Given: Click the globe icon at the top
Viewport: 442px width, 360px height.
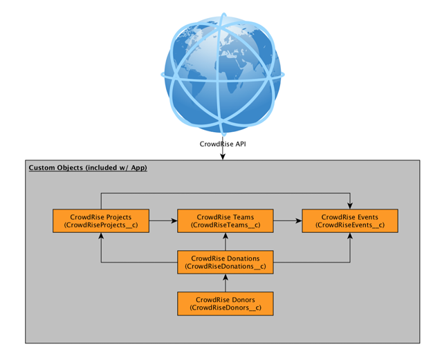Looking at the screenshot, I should tap(222, 70).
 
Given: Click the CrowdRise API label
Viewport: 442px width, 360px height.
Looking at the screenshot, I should tap(222, 144).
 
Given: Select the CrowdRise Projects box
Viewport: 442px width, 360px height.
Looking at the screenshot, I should tap(101, 221).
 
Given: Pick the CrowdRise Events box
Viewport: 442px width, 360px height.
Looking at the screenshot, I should tap(350, 221).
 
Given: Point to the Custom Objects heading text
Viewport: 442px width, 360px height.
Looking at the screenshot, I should tap(88, 168).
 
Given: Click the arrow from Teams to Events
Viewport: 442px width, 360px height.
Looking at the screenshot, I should tap(288, 221).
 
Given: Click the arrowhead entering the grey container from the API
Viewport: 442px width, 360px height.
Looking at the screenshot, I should tap(222, 158).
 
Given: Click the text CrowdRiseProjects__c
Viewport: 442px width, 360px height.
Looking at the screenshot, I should tap(101, 226).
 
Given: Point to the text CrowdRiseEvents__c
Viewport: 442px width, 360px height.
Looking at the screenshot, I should tap(350, 226).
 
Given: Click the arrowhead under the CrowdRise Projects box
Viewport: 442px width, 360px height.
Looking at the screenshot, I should tap(101, 236).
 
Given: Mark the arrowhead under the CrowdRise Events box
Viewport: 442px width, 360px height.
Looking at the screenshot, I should tap(350, 236).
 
